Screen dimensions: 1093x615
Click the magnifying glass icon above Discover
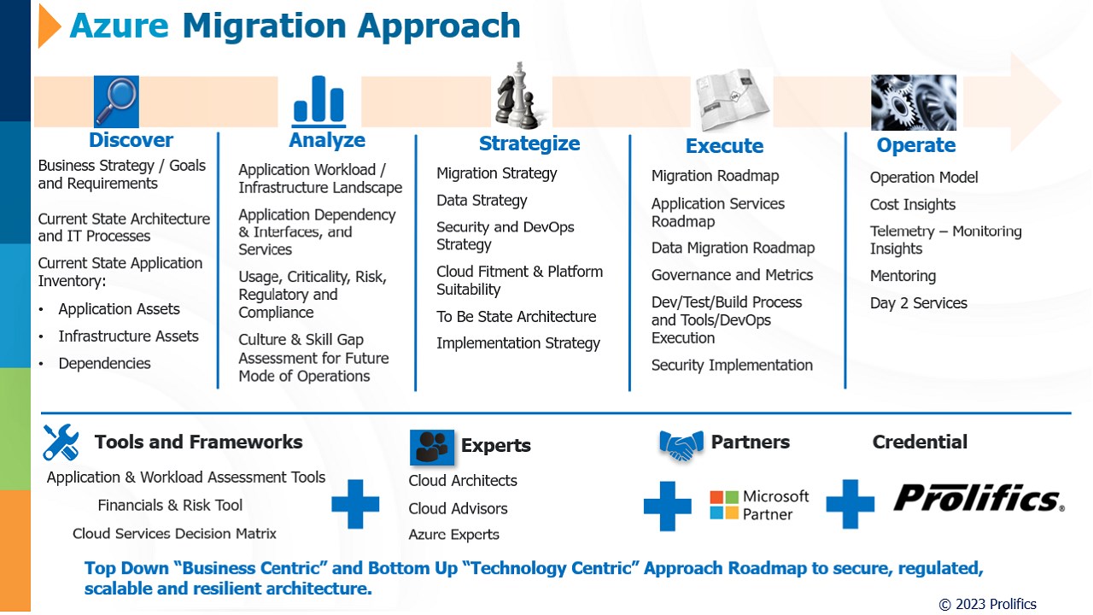(116, 101)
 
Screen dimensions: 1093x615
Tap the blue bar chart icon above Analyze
(319, 100)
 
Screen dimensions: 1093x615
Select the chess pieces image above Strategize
(518, 96)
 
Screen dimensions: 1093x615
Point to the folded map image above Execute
(732, 100)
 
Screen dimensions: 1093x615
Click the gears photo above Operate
(914, 102)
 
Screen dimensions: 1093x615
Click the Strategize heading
(529, 143)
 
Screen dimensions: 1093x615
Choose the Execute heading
(725, 146)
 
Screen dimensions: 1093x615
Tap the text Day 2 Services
(918, 303)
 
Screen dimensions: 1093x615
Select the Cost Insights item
(913, 204)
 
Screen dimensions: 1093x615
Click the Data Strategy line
(482, 201)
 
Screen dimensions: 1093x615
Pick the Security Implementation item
(732, 365)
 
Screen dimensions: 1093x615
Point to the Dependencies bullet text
(104, 364)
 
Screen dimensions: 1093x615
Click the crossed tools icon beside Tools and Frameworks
(61, 442)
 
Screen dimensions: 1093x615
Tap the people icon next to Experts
(432, 447)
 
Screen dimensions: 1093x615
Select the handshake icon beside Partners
(681, 445)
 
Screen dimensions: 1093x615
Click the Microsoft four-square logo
(724, 505)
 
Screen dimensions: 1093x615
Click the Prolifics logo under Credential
(979, 498)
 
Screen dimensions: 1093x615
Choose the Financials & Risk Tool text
(170, 505)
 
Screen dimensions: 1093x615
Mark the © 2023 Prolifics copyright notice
(988, 604)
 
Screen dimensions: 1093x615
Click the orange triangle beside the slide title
(49, 26)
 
